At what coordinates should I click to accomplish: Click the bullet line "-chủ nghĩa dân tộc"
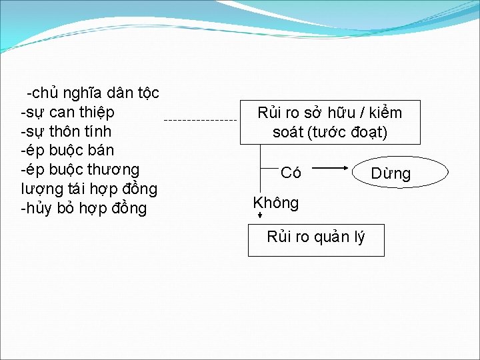click(93, 92)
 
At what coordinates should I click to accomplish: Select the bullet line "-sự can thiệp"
click(67, 111)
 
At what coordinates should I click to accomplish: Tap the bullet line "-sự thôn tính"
click(66, 131)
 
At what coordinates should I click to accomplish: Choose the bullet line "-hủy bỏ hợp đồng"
click(84, 208)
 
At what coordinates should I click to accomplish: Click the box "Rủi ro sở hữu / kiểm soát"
click(330, 122)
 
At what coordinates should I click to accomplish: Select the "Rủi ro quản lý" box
click(316, 237)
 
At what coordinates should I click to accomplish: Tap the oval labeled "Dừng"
click(391, 173)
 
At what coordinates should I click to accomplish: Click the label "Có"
click(291, 173)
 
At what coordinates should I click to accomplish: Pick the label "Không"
click(276, 203)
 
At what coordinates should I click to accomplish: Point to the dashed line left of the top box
click(200, 120)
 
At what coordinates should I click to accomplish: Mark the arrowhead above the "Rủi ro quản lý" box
click(260, 215)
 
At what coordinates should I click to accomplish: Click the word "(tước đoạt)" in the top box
click(348, 133)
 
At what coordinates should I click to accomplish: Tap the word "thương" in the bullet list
click(113, 169)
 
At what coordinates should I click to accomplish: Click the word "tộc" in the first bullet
click(146, 92)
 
